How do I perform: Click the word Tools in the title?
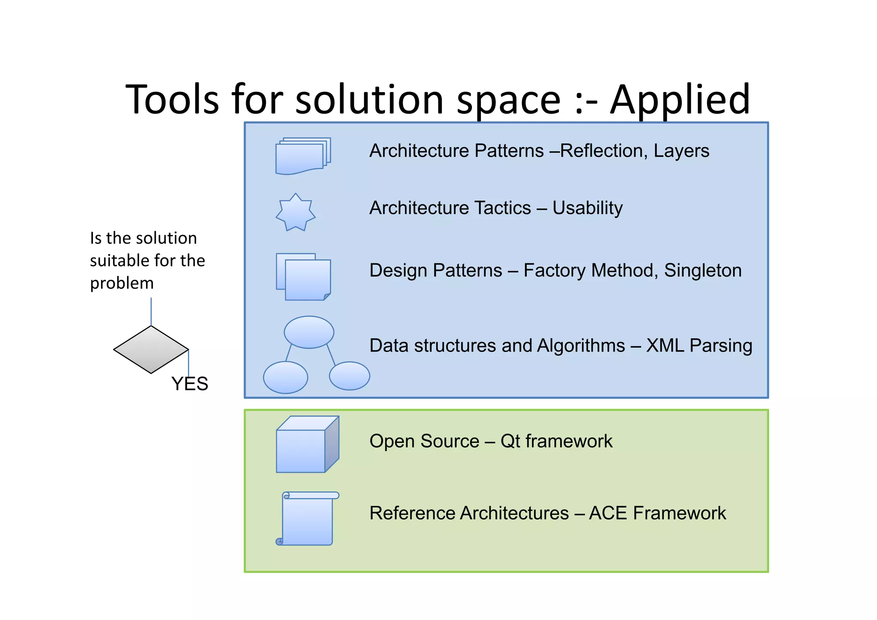pyautogui.click(x=172, y=99)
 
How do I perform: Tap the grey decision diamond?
pyautogui.click(x=151, y=349)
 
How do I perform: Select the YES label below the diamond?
pyautogui.click(x=190, y=384)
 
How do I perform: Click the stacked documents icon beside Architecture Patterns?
pyautogui.click(x=302, y=156)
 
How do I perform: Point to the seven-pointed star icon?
pyautogui.click(x=295, y=213)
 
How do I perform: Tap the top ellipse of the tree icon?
pyautogui.click(x=309, y=332)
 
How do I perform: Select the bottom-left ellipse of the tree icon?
pyautogui.click(x=285, y=377)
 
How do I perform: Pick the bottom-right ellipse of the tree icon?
pyautogui.click(x=349, y=376)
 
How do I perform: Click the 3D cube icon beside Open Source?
pyautogui.click(x=307, y=445)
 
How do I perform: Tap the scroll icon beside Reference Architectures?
pyautogui.click(x=307, y=519)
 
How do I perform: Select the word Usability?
pyautogui.click(x=587, y=208)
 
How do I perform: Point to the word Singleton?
pyautogui.click(x=703, y=271)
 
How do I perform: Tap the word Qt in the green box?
pyautogui.click(x=510, y=441)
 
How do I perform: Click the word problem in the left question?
pyautogui.click(x=122, y=283)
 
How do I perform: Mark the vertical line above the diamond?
pyautogui.click(x=151, y=311)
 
